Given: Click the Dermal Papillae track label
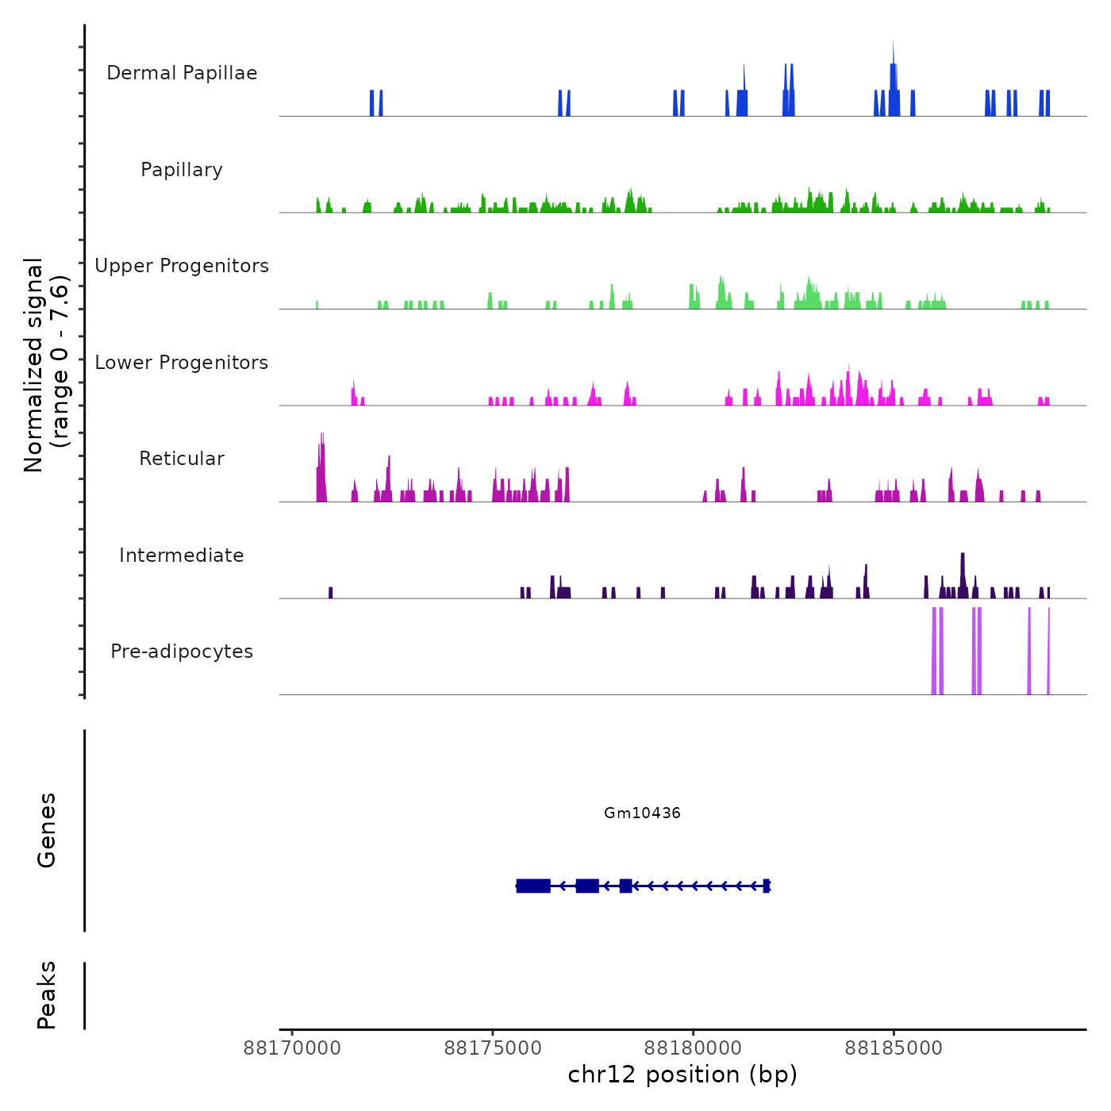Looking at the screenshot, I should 182,73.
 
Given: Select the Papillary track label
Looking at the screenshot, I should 182,170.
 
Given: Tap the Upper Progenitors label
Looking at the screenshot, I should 182,266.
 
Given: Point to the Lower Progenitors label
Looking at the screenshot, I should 182,363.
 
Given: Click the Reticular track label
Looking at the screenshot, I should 182,459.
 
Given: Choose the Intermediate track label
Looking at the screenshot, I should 182,555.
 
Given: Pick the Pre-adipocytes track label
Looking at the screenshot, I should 182,652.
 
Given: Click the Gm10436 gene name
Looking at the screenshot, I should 642,813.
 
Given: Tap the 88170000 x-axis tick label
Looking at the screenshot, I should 292,1048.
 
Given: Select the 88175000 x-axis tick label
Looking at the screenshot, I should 493,1048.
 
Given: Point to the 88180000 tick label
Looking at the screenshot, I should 694,1048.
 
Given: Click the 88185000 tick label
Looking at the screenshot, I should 894,1048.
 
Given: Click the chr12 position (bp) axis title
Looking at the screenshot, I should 682,1075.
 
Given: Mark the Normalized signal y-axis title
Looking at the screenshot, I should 46,365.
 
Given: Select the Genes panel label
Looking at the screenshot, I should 47,830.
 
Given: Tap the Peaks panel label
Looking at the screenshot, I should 47,995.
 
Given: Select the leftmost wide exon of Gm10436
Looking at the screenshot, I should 533,886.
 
